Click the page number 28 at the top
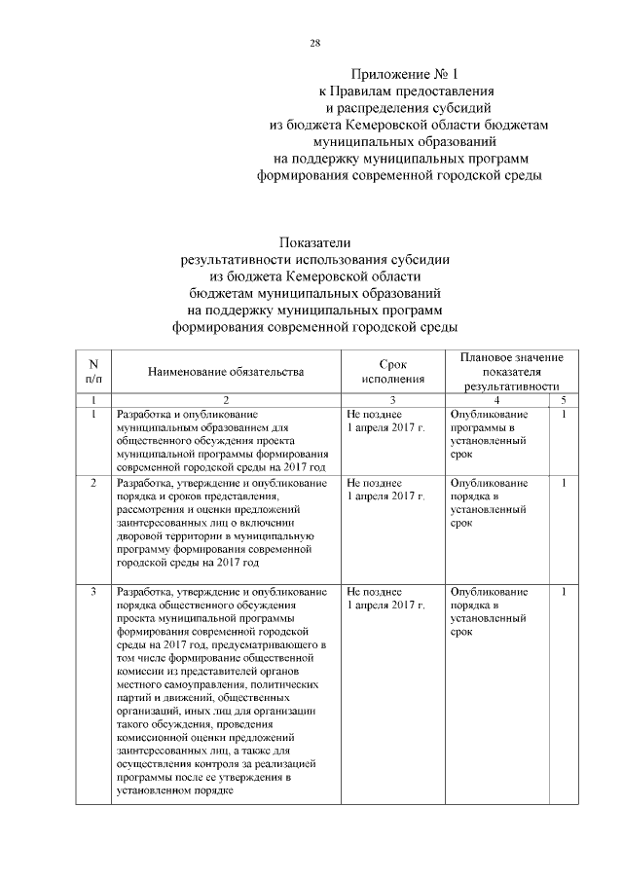pyautogui.click(x=314, y=43)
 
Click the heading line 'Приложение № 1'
pyautogui.click(x=402, y=73)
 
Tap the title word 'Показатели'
pyautogui.click(x=313, y=241)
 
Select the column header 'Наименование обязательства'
pyautogui.click(x=226, y=371)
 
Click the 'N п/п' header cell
pyautogui.click(x=92, y=371)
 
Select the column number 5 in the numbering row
pyautogui.click(x=563, y=400)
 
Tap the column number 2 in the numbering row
pyautogui.click(x=226, y=400)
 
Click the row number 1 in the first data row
pyautogui.click(x=92, y=414)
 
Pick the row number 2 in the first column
pyautogui.click(x=92, y=482)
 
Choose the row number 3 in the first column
pyautogui.click(x=92, y=591)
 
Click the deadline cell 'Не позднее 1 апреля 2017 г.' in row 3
pyautogui.click(x=386, y=598)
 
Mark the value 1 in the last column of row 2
pyautogui.click(x=563, y=482)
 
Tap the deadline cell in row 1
pyautogui.click(x=386, y=421)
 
